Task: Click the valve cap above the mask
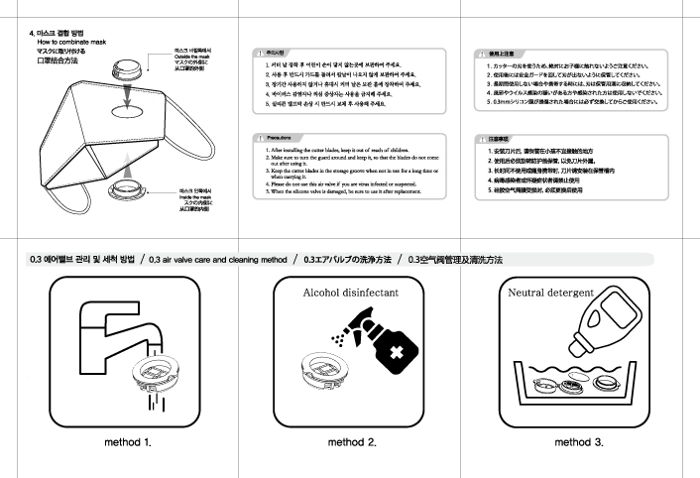click(x=126, y=70)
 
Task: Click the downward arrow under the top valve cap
click(x=126, y=97)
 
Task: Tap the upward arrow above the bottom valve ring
click(x=127, y=165)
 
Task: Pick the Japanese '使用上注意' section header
click(x=502, y=51)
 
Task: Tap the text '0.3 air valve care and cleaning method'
click(x=216, y=260)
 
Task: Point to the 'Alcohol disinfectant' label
click(x=350, y=294)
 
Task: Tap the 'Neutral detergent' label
click(x=550, y=294)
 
